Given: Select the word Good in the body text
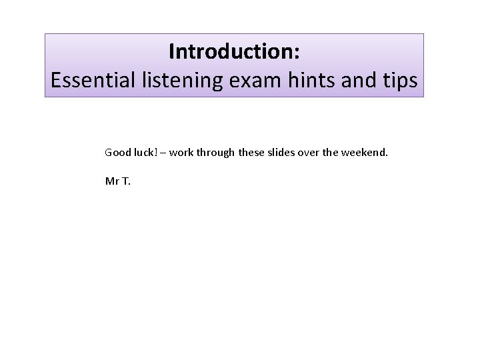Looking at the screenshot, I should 117,153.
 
